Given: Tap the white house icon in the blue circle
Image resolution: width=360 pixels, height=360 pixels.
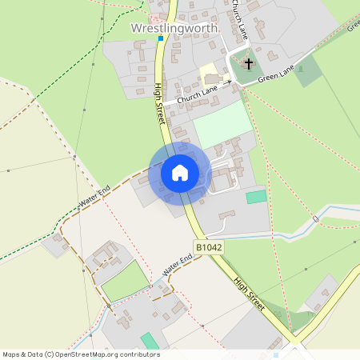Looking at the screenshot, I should (180, 172).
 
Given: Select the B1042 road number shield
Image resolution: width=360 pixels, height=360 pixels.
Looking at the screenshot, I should (208, 248).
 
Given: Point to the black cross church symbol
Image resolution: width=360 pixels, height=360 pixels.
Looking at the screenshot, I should (249, 62).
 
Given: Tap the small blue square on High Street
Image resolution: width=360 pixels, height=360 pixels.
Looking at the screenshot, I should (160, 38).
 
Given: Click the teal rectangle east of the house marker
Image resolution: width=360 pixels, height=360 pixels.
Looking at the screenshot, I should (256, 197).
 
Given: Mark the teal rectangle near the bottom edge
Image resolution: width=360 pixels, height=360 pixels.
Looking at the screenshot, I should (150, 341).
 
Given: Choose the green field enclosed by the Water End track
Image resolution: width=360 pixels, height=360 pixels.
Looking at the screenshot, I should (126, 282).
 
